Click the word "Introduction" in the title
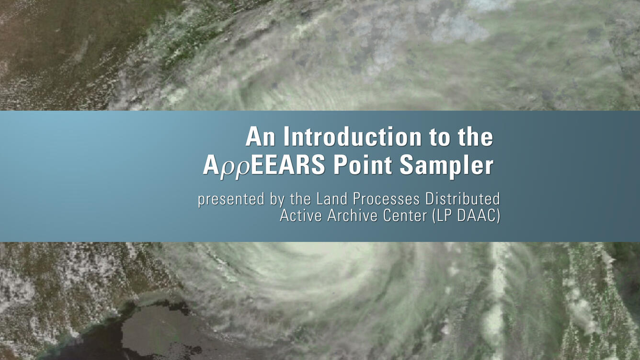tap(353, 137)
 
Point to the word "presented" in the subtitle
tap(231, 200)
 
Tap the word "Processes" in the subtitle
tap(386, 199)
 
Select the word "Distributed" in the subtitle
tap(463, 199)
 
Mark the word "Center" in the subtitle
tap(405, 215)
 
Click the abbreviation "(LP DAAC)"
tap(466, 216)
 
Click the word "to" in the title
tap(440, 137)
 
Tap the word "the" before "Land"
tap(300, 199)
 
